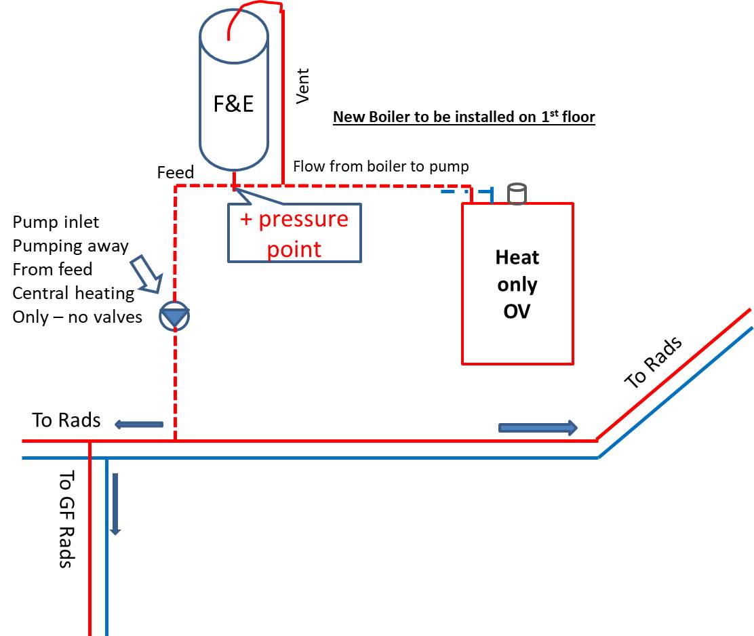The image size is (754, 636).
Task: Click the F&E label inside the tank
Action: pos(234,105)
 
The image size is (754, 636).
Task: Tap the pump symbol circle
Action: pos(174,317)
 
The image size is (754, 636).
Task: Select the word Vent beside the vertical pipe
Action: pos(302,85)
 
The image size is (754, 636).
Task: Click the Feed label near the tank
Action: pos(175,172)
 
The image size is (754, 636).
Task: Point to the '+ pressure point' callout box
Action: pos(294,234)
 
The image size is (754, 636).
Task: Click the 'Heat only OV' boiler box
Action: pos(517,283)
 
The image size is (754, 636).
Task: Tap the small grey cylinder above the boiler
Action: pos(517,194)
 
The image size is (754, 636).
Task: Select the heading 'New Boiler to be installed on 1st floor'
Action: pos(464,117)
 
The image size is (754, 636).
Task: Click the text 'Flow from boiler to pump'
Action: pos(380,166)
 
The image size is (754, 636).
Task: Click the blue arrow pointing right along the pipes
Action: pos(538,427)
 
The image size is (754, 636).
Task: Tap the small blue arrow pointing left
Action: pos(138,424)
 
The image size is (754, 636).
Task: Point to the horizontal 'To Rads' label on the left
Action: pos(66,420)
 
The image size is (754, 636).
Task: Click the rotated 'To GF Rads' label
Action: pos(66,519)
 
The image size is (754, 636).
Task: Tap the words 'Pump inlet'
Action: pos(56,222)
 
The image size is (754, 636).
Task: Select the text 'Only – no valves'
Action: pos(77,317)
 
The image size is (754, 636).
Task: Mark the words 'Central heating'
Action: pos(73,293)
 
